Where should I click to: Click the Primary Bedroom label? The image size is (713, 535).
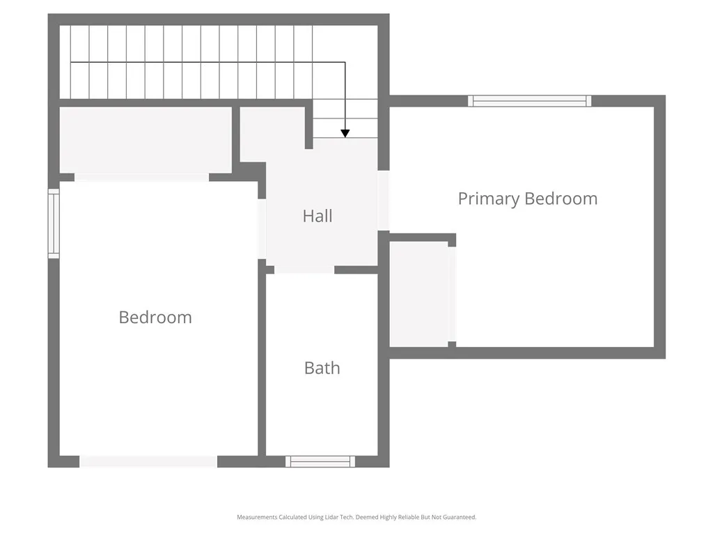pyautogui.click(x=527, y=199)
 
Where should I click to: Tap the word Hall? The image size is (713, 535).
pyautogui.click(x=318, y=216)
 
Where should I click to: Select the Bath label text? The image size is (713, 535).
pyautogui.click(x=322, y=368)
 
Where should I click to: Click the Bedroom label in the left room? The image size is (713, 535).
pyautogui.click(x=155, y=317)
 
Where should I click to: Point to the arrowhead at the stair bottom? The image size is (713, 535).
pyautogui.click(x=345, y=132)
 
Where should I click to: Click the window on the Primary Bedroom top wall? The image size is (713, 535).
pyautogui.click(x=530, y=101)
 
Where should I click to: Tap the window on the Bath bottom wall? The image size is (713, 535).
pyautogui.click(x=320, y=461)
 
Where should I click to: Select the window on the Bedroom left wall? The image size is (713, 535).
pyautogui.click(x=54, y=224)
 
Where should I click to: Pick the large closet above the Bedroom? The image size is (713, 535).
pyautogui.click(x=146, y=139)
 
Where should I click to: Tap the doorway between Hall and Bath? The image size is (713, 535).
pyautogui.click(x=304, y=270)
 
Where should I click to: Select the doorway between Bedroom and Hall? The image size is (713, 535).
pyautogui.click(x=262, y=228)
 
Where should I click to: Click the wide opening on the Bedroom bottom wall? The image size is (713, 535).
pyautogui.click(x=148, y=461)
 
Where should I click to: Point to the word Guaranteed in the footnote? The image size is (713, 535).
pyautogui.click(x=460, y=518)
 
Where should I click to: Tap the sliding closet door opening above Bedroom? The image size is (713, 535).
pyautogui.click(x=141, y=177)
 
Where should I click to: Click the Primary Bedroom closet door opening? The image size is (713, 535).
pyautogui.click(x=452, y=294)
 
